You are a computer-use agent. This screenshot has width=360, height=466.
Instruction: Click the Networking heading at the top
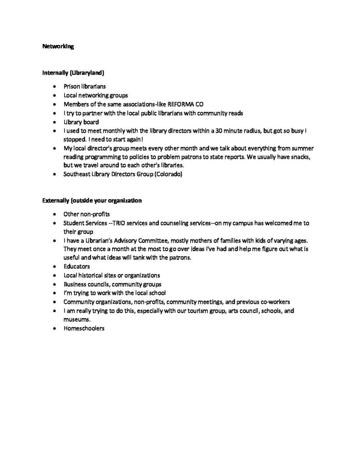58,46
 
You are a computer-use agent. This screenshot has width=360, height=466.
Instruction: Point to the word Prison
71,86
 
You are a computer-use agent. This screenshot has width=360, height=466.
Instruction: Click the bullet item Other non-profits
86,214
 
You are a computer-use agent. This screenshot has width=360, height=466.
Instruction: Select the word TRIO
122,223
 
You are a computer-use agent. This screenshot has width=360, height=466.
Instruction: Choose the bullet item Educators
77,266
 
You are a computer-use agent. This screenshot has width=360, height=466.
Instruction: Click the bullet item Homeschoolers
84,328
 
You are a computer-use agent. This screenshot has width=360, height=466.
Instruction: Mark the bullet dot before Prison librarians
55,86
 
